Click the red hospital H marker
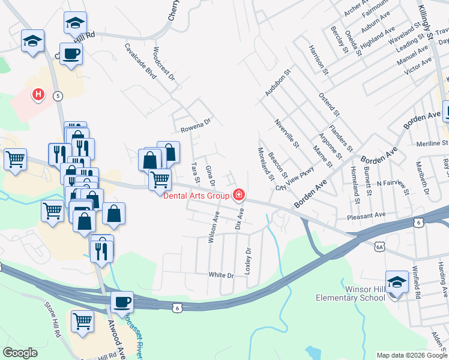(38, 95)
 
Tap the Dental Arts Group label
(197, 195)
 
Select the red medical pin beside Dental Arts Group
(239, 194)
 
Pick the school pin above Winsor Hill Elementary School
(397, 283)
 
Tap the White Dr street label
(220, 275)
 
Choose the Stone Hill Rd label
(53, 317)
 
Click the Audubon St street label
(278, 82)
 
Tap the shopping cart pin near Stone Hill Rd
(82, 321)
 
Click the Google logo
(20, 353)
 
